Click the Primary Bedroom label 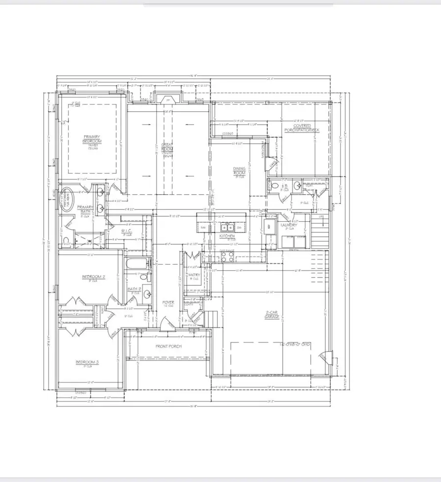click(x=92, y=139)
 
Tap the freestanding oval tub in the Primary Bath click(x=65, y=201)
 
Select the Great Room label click(x=167, y=147)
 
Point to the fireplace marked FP click(x=168, y=99)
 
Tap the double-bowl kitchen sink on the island click(x=228, y=228)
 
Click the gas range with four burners click(x=226, y=256)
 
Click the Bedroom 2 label click(x=94, y=278)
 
